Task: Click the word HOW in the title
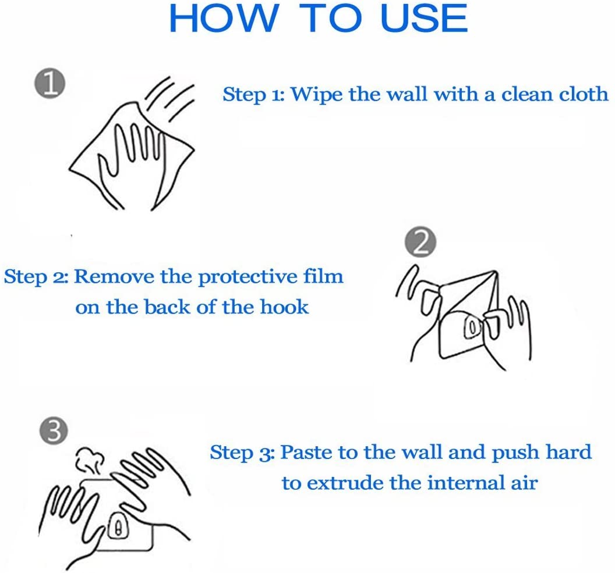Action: pos(223,18)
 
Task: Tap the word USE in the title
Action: pos(424,18)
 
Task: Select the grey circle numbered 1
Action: pos(50,83)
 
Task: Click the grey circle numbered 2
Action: pos(420,242)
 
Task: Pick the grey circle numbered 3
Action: pos(54,430)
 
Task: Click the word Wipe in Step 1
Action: pos(316,95)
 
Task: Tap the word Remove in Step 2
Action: pos(114,276)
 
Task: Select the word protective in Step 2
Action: pos(248,277)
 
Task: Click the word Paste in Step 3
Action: pos(306,452)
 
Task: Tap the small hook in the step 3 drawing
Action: pos(118,526)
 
